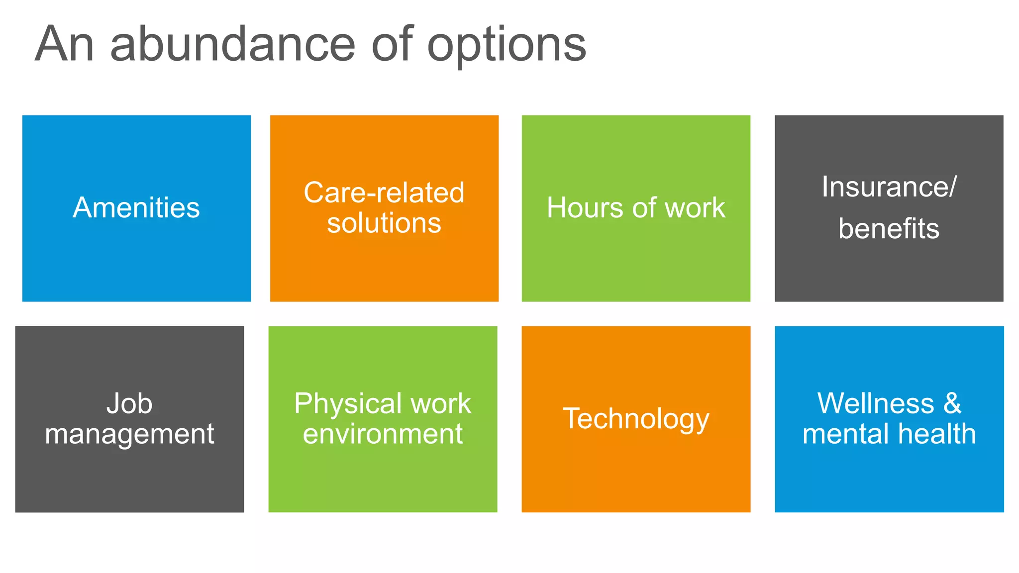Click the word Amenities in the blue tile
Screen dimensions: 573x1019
[136, 208]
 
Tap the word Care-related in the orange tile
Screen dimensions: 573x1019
[384, 192]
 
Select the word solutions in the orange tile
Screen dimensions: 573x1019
[384, 223]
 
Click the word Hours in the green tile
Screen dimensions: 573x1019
[585, 208]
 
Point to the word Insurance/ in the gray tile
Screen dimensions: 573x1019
[889, 187]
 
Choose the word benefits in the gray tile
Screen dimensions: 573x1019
[889, 229]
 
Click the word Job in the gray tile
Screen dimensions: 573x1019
[129, 403]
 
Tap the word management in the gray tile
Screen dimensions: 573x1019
[129, 434]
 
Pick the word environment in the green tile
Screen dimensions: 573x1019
[383, 434]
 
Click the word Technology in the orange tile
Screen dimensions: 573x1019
[636, 419]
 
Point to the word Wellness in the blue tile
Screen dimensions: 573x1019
[876, 403]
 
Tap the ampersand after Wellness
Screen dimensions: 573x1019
[952, 403]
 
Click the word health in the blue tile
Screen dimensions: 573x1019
[937, 434]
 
